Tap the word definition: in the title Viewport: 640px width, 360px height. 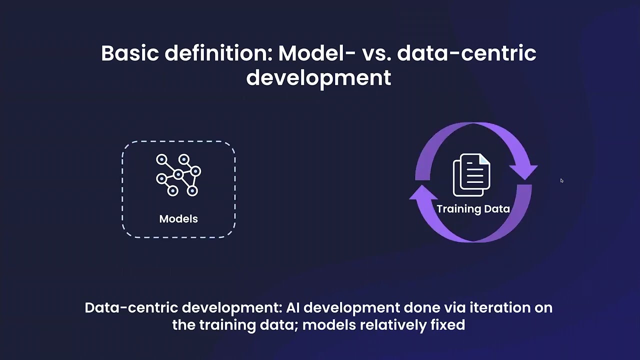[218, 53]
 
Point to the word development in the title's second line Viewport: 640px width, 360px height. [318, 77]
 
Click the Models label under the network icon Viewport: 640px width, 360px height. [178, 219]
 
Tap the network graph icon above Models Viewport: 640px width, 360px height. [178, 174]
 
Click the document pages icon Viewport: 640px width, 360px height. [471, 175]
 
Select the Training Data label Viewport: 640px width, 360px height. [473, 209]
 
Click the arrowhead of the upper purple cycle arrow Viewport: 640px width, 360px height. [524, 170]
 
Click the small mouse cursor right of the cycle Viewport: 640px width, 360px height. [561, 180]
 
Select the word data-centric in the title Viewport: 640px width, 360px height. [466, 53]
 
